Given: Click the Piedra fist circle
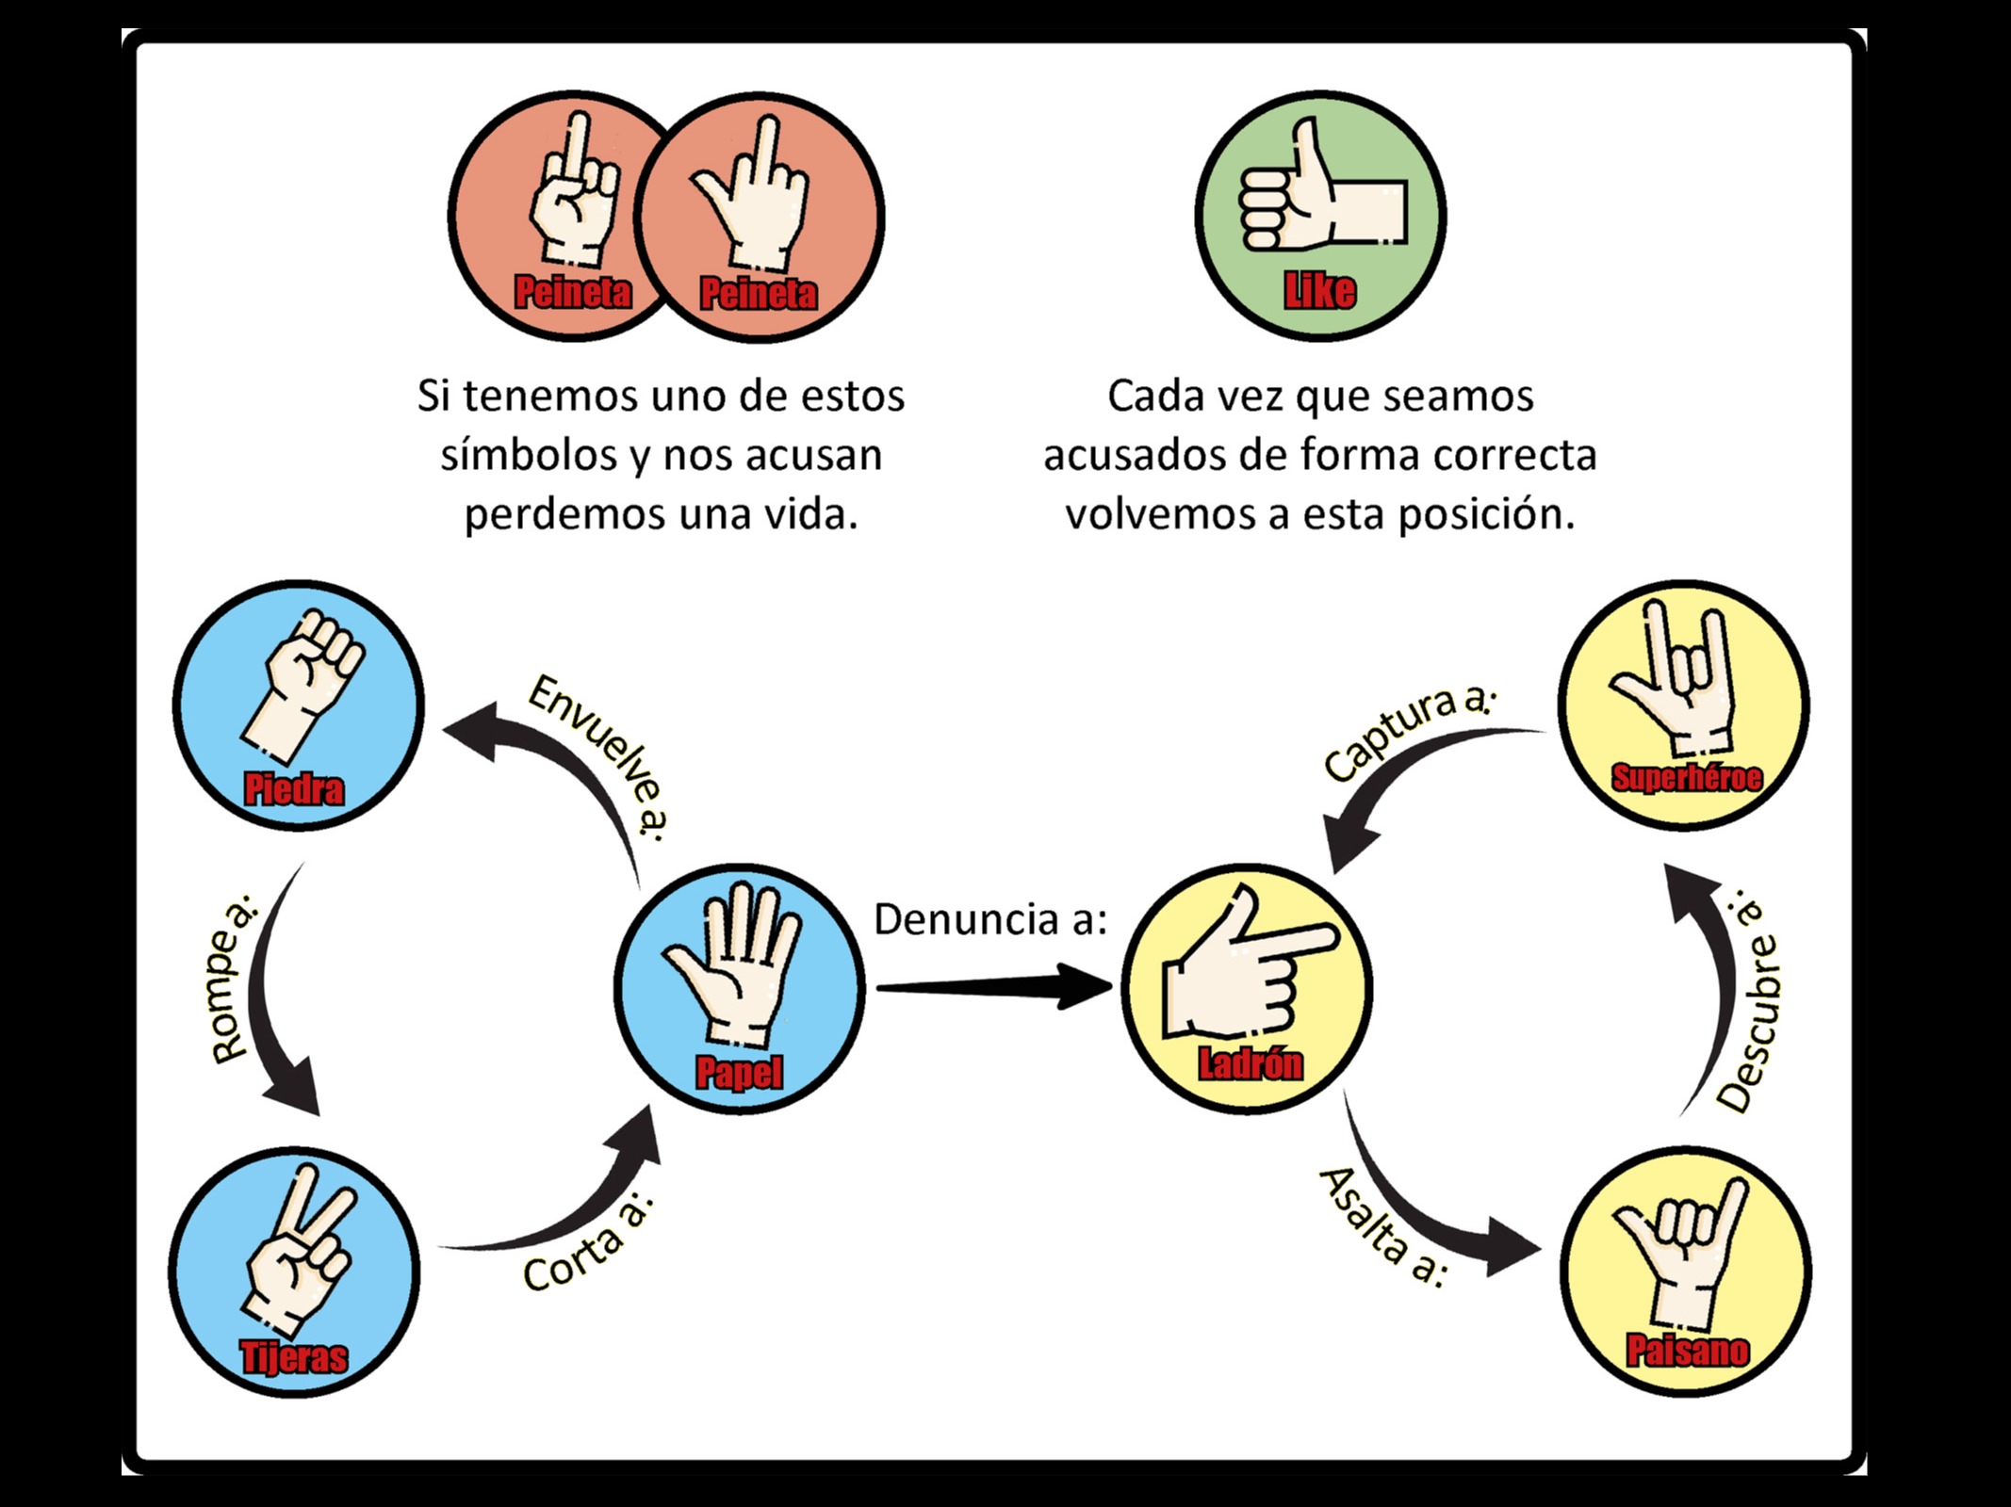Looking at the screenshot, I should click(x=298, y=705).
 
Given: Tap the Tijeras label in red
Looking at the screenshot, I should click(x=294, y=1357).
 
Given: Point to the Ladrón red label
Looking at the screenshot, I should click(x=1250, y=1064).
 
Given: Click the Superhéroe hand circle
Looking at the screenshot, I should click(x=1683, y=705).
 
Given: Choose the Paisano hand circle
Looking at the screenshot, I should click(x=1685, y=1272).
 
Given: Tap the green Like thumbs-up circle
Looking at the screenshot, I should click(x=1320, y=216).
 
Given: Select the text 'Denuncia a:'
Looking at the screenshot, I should click(x=989, y=920).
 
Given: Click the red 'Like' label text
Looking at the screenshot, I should click(x=1319, y=292).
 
